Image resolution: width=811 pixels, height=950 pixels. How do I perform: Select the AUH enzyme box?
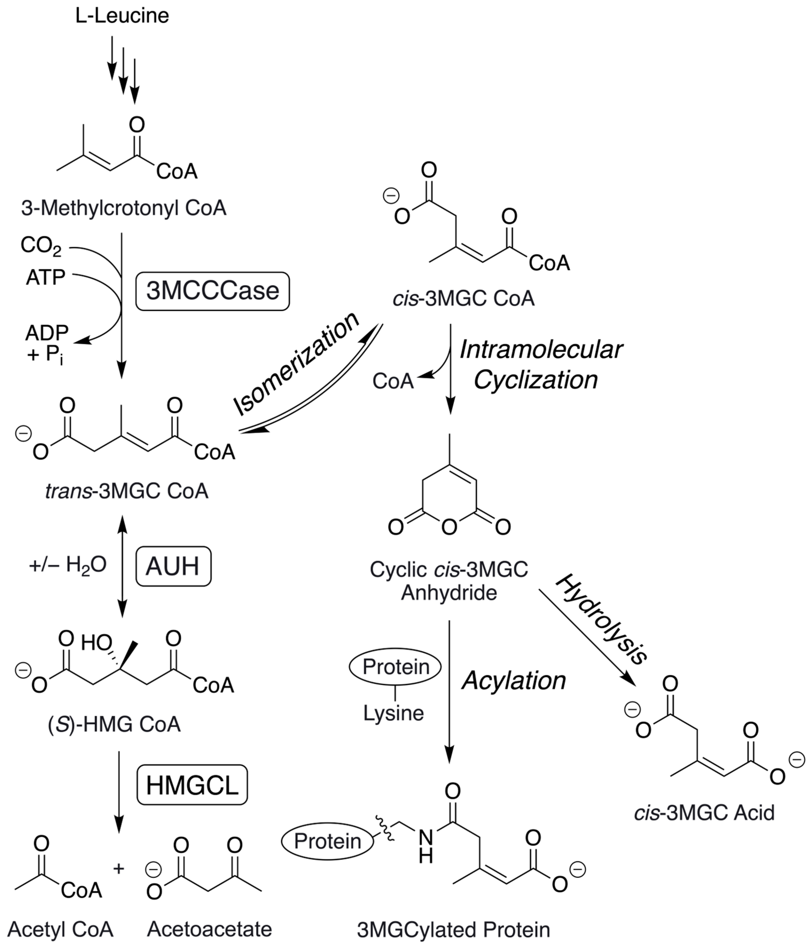173,566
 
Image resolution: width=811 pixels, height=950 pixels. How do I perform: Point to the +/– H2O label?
68,565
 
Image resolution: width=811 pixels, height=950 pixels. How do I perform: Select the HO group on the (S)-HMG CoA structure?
96,643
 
